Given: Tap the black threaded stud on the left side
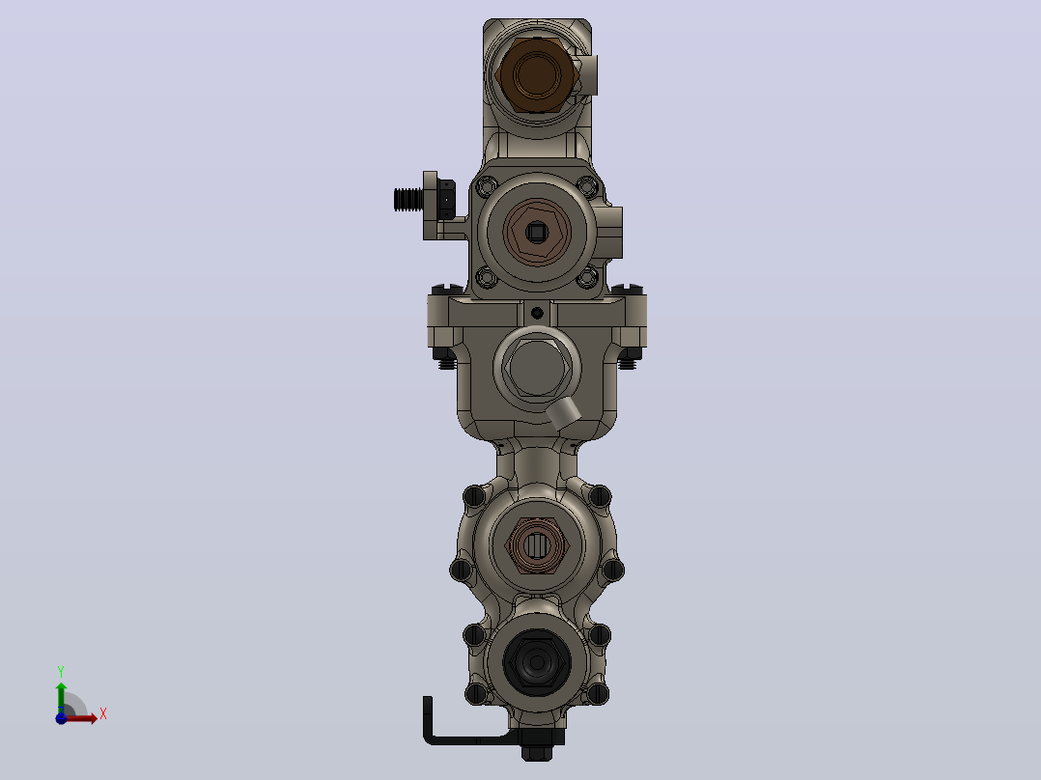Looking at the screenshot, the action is [x=408, y=199].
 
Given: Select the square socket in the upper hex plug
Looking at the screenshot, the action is [x=537, y=232].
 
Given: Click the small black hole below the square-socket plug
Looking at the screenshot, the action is [x=537, y=313].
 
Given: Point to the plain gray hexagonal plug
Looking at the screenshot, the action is [x=537, y=368].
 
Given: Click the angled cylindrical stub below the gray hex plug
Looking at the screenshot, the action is [x=563, y=413].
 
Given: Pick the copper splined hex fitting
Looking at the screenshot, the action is [x=537, y=545].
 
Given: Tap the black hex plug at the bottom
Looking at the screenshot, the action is [x=537, y=662].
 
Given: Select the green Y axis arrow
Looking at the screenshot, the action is [x=61, y=698].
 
